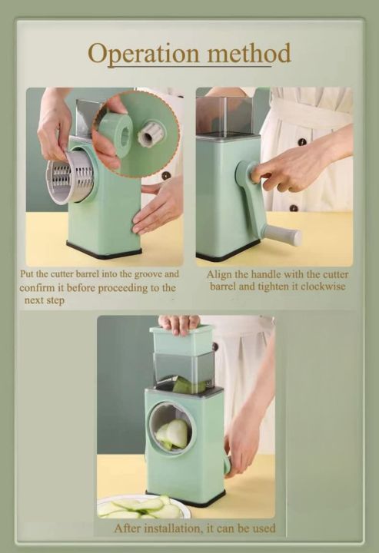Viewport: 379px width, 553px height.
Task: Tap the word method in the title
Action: point(245,53)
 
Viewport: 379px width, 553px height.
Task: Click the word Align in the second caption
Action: point(221,274)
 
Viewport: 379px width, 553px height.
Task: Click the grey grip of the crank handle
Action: point(283,234)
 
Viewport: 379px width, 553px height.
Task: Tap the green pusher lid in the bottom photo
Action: point(181,340)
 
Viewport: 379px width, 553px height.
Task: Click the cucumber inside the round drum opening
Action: point(173,433)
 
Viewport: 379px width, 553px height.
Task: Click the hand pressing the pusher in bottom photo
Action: point(179,323)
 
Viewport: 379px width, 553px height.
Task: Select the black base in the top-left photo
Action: point(104,252)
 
